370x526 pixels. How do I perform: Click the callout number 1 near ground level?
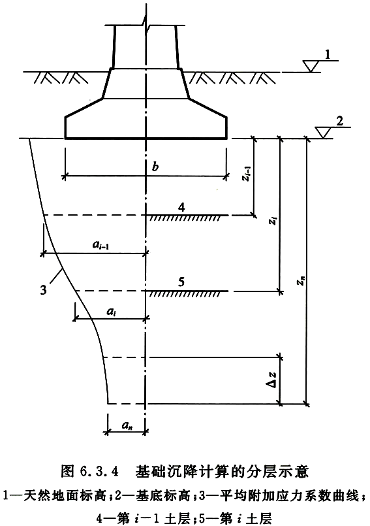tap(328, 54)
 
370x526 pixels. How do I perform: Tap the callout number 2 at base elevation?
tap(339, 121)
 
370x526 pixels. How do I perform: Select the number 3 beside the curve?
tap(43, 289)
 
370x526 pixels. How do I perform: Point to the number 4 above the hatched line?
tap(181, 208)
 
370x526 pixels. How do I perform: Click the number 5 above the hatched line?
tap(181, 282)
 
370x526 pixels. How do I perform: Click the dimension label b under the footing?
tap(155, 166)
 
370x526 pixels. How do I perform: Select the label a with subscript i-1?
tap(101, 245)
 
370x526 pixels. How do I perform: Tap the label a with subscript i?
tap(110, 312)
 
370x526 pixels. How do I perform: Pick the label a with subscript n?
tap(126, 425)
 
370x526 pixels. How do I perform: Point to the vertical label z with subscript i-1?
tap(247, 174)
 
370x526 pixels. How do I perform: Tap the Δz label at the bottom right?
tap(273, 380)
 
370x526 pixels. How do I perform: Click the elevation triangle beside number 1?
tap(312, 66)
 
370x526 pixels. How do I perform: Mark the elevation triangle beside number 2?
tap(324, 133)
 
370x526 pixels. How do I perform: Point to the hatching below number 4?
tap(185, 218)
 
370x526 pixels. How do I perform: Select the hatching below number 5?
tap(185, 294)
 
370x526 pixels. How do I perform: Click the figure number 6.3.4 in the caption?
tap(100, 472)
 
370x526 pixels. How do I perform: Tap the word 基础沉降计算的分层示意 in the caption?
tap(221, 472)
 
